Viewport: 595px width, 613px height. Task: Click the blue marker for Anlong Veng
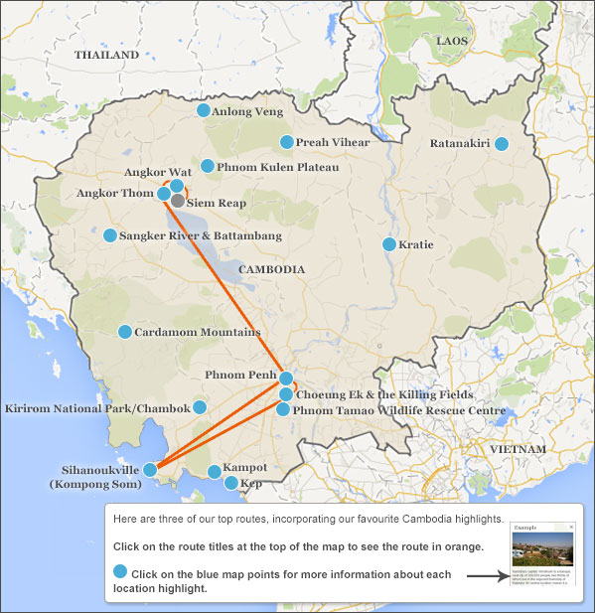(204, 111)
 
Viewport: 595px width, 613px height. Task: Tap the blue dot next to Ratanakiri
(502, 144)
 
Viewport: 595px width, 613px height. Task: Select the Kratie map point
(389, 244)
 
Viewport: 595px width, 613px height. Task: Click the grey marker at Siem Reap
(177, 201)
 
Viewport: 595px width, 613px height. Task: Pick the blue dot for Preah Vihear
(287, 142)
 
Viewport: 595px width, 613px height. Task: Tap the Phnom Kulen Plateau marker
(208, 166)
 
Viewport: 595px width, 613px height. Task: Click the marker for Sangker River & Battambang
(110, 235)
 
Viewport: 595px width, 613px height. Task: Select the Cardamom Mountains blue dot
(125, 332)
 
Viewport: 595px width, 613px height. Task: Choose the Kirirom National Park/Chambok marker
(200, 407)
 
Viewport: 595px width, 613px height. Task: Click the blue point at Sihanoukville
(150, 469)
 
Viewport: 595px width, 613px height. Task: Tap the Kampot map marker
(214, 472)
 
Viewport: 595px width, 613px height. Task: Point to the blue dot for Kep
(231, 484)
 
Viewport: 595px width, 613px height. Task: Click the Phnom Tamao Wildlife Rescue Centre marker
(283, 409)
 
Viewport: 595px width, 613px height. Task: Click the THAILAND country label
(106, 56)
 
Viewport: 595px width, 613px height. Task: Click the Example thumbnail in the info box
(542, 556)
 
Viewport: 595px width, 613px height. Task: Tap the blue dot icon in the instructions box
(121, 571)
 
